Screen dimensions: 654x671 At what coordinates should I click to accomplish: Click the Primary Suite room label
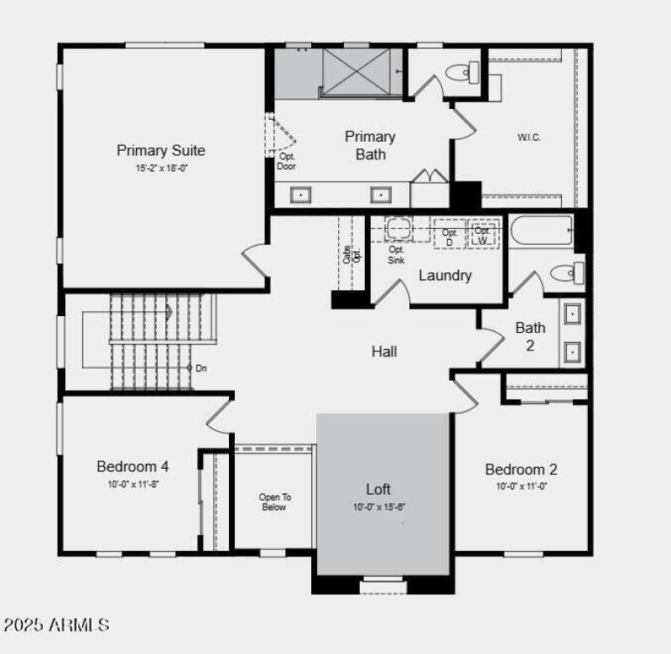(x=160, y=151)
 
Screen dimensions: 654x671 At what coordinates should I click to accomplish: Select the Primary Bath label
(x=370, y=145)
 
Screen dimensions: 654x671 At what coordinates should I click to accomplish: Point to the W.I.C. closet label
(x=528, y=138)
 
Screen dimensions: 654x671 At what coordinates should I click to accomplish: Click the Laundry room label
(x=445, y=275)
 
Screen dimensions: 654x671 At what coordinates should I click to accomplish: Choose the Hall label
(x=384, y=351)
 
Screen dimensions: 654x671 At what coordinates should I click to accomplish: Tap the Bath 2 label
(x=530, y=335)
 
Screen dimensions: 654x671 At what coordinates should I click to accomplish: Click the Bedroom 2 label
(x=521, y=470)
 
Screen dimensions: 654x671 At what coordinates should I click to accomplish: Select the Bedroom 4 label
(x=133, y=466)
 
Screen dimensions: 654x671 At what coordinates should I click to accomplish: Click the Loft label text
(x=378, y=489)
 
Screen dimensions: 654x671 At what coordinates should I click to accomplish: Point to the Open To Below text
(x=273, y=502)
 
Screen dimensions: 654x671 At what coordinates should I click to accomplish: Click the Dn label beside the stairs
(x=200, y=368)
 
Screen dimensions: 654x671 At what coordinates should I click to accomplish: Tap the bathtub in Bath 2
(x=541, y=230)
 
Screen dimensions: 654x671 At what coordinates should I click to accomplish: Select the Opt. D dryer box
(x=450, y=236)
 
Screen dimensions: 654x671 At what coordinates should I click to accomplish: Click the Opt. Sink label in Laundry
(x=397, y=255)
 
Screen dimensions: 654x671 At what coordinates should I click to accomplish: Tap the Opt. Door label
(x=286, y=161)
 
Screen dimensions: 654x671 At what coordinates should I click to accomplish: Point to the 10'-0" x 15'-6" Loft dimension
(x=378, y=507)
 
